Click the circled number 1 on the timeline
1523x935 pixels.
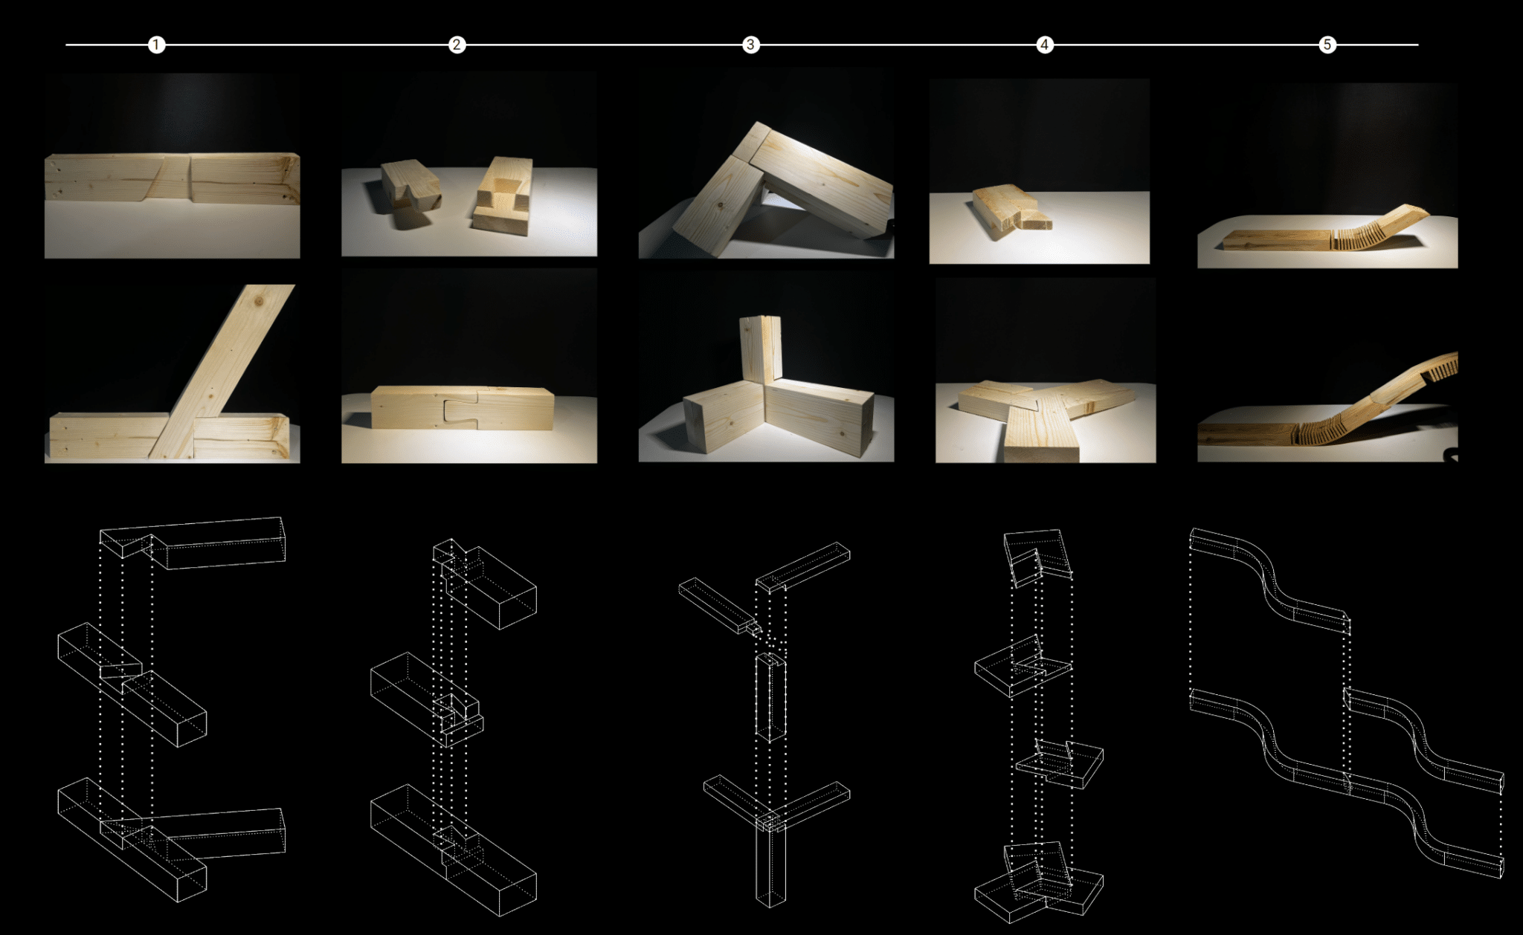coord(156,45)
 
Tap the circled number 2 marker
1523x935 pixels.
coord(457,45)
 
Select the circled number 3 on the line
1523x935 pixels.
coord(750,45)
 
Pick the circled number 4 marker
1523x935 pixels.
coord(1044,45)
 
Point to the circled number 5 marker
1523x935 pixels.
coord(1327,45)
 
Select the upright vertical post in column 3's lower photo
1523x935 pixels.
coord(759,349)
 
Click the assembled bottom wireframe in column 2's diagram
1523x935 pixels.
coord(454,847)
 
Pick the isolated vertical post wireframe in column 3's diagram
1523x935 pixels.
coord(770,695)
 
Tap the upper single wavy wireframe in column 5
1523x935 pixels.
coord(1272,583)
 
